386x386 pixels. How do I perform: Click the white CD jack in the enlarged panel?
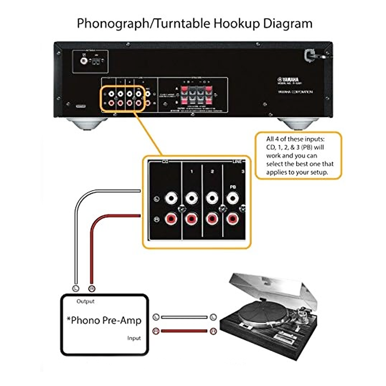(171, 198)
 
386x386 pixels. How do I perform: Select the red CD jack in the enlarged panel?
(171, 219)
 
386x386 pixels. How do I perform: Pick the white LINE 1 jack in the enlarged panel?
(191, 198)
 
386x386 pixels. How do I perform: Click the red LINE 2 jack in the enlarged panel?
(212, 219)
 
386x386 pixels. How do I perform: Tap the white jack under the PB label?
(232, 198)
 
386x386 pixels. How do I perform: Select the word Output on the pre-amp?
(85, 301)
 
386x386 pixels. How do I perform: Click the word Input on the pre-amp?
(134, 338)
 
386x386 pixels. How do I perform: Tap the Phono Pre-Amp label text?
(104, 320)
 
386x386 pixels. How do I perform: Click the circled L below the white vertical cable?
(76, 288)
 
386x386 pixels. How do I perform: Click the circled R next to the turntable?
(213, 331)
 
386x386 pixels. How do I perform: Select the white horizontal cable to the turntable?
(185, 317)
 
